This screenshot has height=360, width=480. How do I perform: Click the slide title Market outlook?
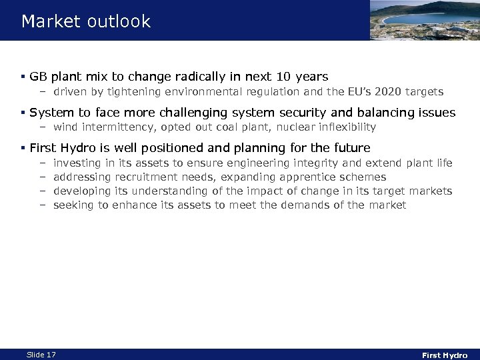point(86,21)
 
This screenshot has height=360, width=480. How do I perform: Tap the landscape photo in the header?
point(424,20)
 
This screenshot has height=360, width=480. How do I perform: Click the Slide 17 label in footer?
point(41,355)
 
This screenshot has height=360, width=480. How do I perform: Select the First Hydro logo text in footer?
point(445,355)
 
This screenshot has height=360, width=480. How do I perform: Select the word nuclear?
point(277,127)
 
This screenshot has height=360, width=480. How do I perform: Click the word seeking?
point(74,205)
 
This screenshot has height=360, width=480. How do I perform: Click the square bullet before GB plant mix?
point(23,77)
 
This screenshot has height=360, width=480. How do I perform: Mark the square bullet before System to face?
point(23,113)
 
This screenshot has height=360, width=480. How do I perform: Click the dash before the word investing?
point(41,163)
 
